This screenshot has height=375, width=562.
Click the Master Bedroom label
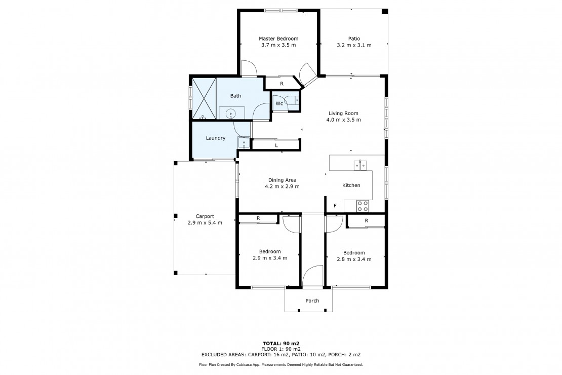click(278, 39)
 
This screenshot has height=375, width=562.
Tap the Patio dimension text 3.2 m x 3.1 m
click(354, 45)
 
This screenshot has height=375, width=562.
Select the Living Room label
click(343, 114)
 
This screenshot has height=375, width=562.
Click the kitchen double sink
click(360, 165)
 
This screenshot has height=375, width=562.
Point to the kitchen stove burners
click(363, 206)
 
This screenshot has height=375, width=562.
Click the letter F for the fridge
click(335, 206)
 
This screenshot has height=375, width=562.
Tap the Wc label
click(279, 104)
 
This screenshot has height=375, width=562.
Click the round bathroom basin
click(230, 114)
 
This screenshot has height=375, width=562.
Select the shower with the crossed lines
click(204, 98)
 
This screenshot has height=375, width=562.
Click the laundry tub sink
click(244, 143)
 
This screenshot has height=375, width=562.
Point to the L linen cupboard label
click(276, 146)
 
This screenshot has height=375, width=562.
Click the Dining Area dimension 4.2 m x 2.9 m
click(282, 186)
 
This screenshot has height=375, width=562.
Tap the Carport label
click(205, 216)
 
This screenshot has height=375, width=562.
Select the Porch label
click(312, 301)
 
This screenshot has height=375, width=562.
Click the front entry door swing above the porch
click(313, 276)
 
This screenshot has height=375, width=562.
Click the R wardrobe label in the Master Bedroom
click(282, 84)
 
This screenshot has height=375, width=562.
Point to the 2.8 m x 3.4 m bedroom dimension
click(354, 259)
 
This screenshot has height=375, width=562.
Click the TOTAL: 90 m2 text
click(281, 344)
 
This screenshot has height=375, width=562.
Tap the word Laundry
click(215, 138)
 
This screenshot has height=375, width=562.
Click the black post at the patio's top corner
click(385, 12)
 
